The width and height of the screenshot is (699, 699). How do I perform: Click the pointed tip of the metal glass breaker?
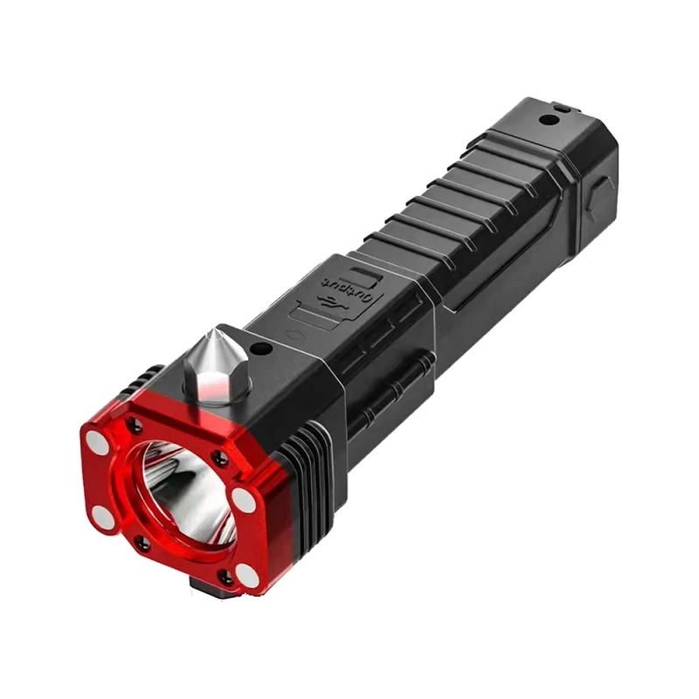(216, 330)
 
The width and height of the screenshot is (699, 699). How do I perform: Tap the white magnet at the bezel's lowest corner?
(247, 576)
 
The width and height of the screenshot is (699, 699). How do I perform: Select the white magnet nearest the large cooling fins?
(242, 502)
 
